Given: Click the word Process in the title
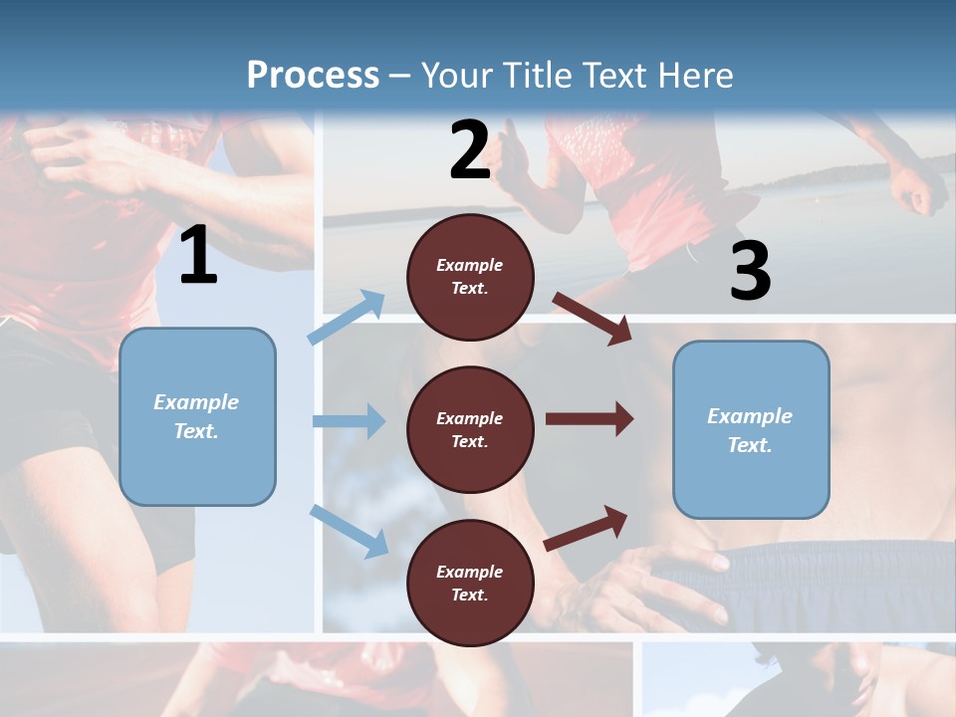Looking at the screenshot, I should click(313, 76).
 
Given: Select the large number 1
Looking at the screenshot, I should click(198, 256).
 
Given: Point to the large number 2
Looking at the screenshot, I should click(470, 151).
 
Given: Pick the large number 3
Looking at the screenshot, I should click(750, 271).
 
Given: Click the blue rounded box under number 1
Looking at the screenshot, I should click(197, 416).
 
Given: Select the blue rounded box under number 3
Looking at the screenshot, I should click(751, 430).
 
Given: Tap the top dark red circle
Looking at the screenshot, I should click(470, 277).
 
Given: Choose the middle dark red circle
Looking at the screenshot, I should click(470, 429).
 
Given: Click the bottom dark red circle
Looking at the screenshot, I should click(470, 583).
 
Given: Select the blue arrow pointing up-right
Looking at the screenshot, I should click(347, 318).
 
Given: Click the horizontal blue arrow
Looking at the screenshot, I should click(349, 421).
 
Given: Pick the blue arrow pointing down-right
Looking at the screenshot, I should click(349, 531).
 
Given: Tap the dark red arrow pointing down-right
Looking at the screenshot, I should click(593, 318).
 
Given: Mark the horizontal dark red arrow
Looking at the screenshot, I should click(590, 419).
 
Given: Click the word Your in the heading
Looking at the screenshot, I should click(455, 76).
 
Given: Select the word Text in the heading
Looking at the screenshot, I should click(611, 76).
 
